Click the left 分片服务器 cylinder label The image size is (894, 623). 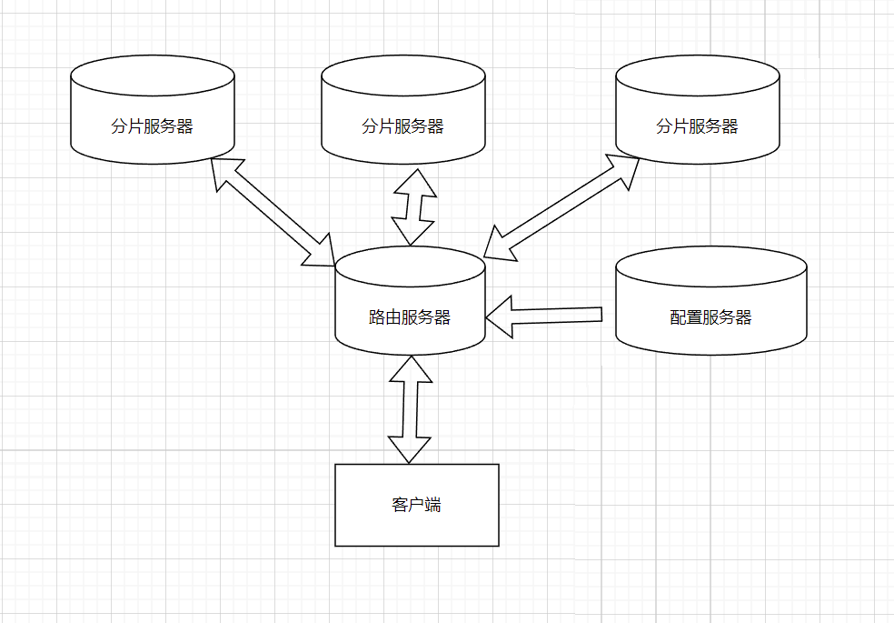point(153,126)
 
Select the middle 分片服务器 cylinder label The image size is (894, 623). point(402,126)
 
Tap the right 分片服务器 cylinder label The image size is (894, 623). point(697,126)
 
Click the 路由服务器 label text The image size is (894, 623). point(410,317)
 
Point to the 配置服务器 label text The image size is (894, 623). point(710,317)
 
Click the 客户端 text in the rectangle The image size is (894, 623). point(417,505)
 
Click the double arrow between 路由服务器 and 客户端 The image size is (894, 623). point(410,408)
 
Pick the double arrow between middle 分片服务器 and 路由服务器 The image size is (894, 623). point(413,206)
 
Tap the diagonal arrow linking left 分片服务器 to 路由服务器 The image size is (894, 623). point(273,212)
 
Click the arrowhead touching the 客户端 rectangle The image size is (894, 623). point(410,449)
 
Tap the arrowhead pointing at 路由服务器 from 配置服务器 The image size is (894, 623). point(499,317)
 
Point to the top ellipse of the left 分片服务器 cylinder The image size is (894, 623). point(153,76)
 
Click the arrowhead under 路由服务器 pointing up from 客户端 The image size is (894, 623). point(411,368)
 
